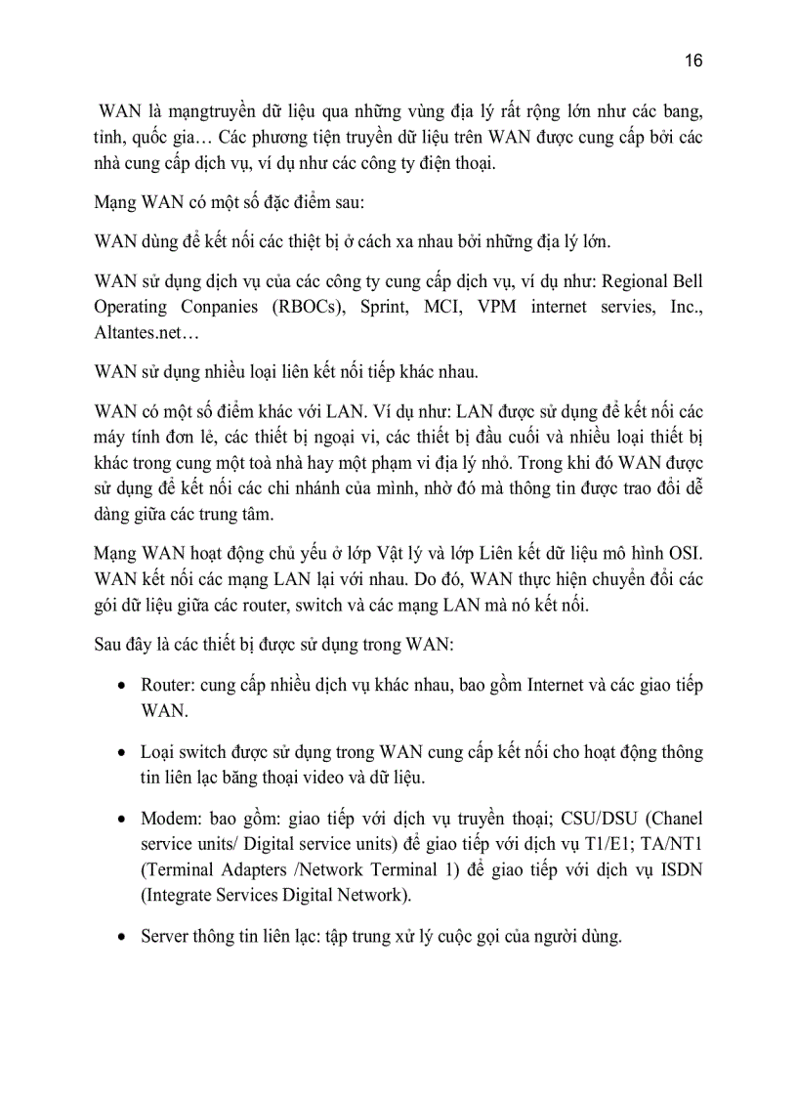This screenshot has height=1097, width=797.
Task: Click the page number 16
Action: tap(693, 61)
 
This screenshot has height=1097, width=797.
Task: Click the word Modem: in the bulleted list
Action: tap(171, 818)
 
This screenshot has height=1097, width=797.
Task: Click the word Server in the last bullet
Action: tap(165, 937)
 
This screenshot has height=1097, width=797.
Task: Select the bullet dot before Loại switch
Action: tap(119, 753)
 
